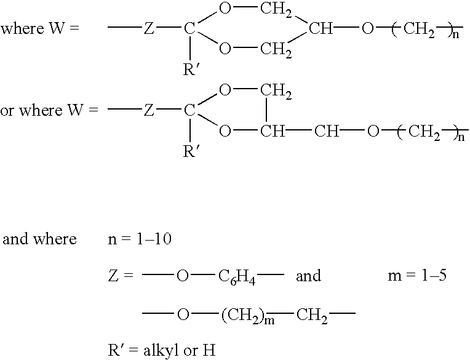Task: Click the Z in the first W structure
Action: click(x=149, y=29)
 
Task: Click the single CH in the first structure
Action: click(x=321, y=29)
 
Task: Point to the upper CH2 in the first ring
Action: click(x=276, y=10)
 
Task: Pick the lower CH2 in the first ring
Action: click(x=276, y=49)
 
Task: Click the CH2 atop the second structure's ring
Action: click(x=276, y=91)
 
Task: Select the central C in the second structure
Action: click(x=189, y=110)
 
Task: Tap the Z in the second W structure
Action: click(x=149, y=110)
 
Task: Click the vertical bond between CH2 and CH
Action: click(x=266, y=110)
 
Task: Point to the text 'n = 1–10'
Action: click(x=140, y=239)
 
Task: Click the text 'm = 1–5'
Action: click(x=417, y=276)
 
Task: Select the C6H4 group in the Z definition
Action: click(x=237, y=277)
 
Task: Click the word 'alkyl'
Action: click(x=162, y=351)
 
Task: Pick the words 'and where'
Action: click(x=39, y=239)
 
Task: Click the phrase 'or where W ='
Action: click(x=49, y=110)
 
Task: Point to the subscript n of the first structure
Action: click(x=456, y=34)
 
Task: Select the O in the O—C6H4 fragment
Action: click(x=183, y=276)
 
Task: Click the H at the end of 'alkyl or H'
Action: click(x=209, y=350)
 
